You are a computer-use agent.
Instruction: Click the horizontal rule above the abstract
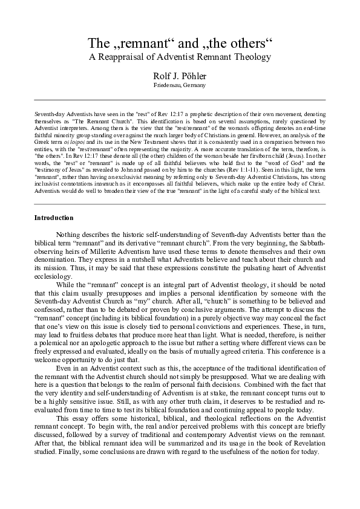point(180,103)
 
